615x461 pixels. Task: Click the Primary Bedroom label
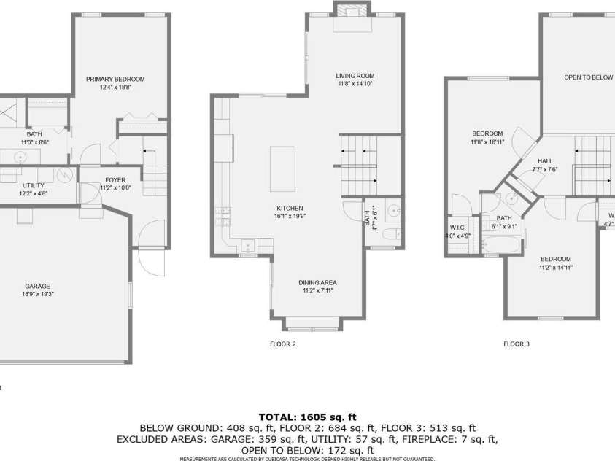115,79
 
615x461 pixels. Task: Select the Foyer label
115,179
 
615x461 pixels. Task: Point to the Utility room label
34,186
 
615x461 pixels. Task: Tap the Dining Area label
317,282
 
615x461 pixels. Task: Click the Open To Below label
588,77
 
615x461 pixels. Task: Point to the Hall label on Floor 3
545,161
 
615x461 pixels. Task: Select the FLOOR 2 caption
283,344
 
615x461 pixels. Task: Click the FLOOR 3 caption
517,344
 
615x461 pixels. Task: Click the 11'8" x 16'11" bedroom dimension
487,142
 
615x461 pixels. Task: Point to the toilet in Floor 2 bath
391,234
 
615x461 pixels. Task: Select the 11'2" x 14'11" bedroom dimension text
555,267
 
